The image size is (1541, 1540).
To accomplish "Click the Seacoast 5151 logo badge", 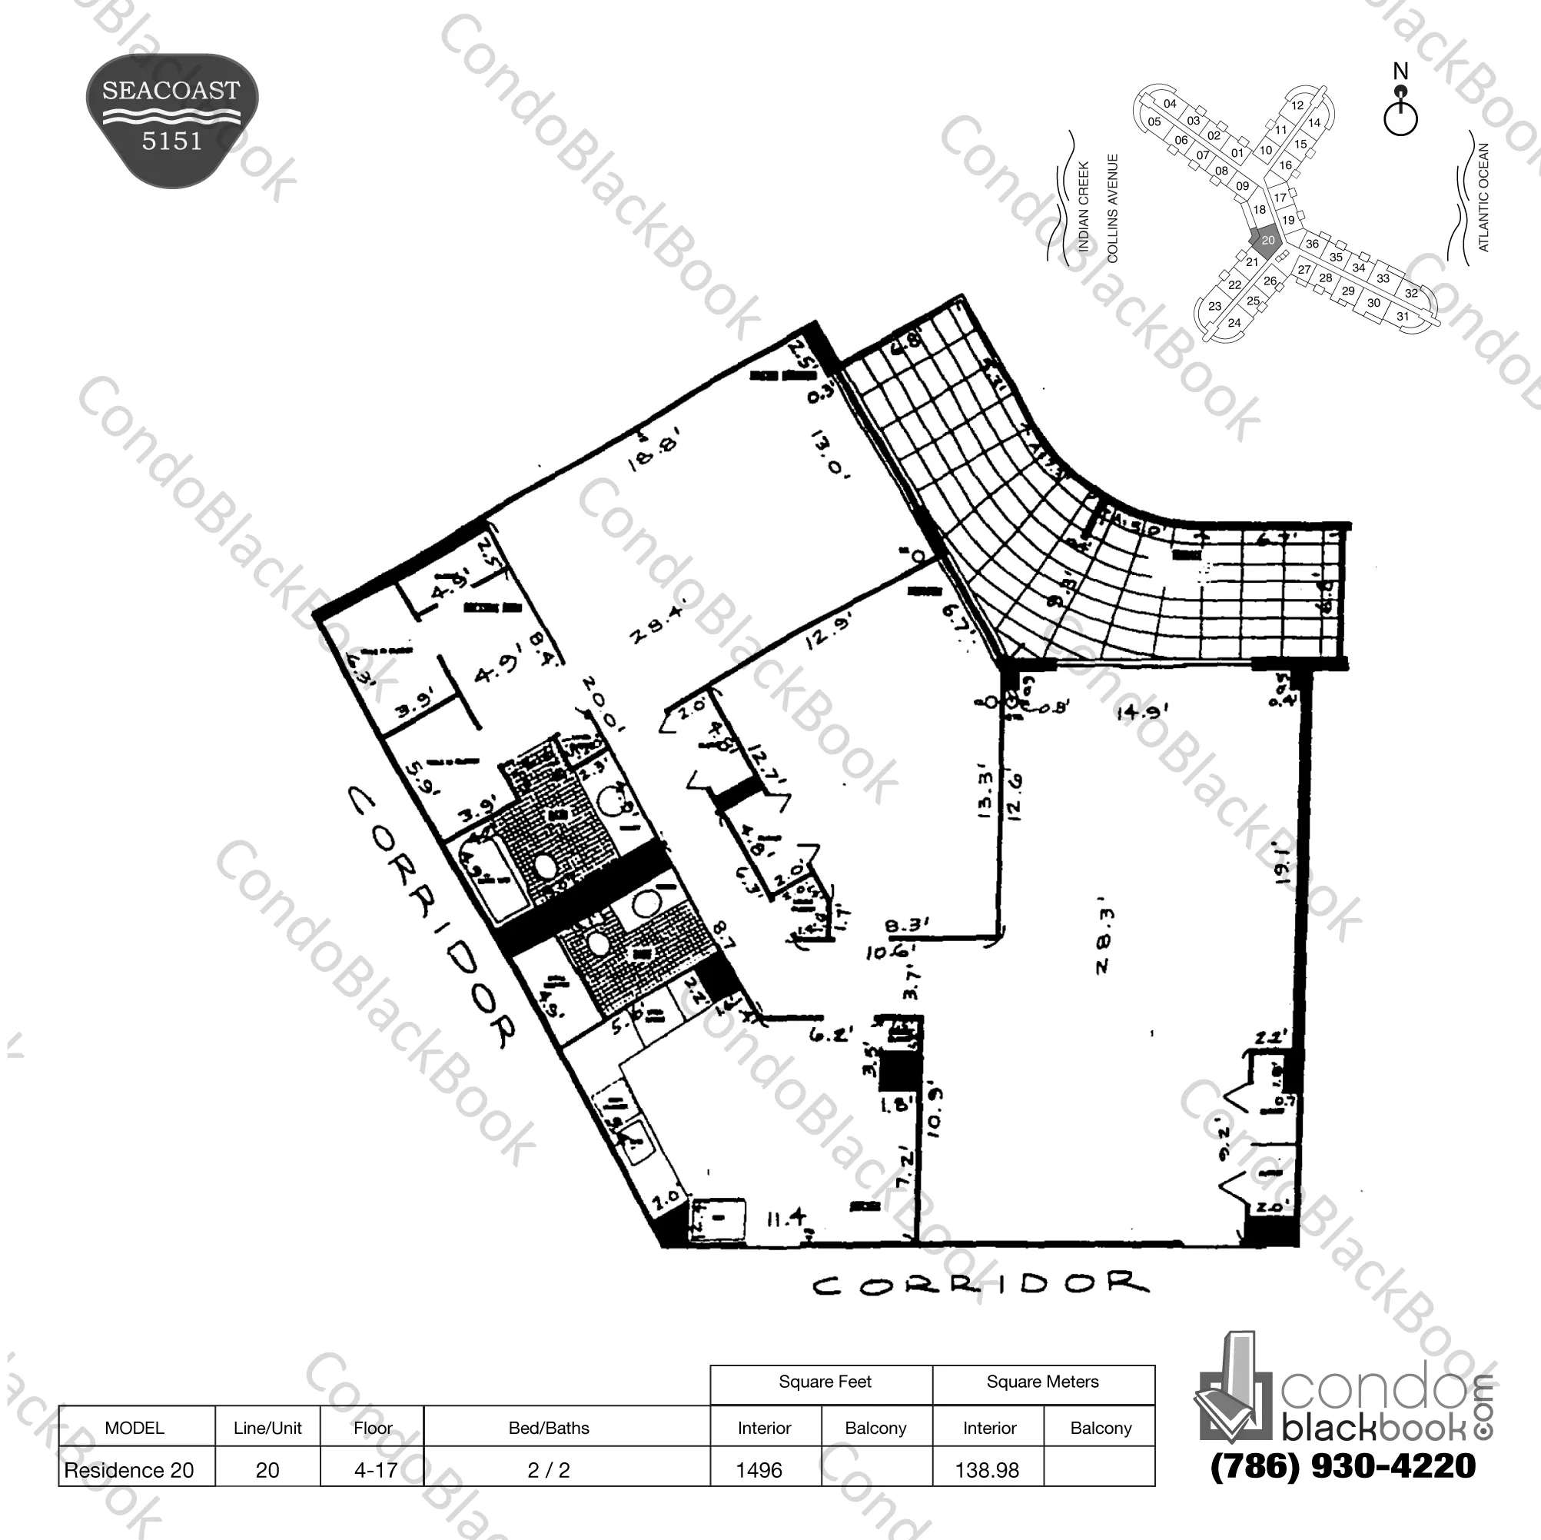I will [x=171, y=120].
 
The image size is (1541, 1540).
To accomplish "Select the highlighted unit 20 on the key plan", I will [x=1267, y=239].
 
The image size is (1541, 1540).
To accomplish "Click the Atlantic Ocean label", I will [x=1483, y=197].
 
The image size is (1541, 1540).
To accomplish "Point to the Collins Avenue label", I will [x=1113, y=208].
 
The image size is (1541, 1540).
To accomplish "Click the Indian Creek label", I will [x=1083, y=207].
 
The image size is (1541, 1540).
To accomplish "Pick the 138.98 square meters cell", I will [x=988, y=1470].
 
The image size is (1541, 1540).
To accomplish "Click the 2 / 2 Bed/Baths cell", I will [x=549, y=1470].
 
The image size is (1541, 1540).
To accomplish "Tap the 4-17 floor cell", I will [x=375, y=1470].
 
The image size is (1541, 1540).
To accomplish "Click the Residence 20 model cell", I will [x=130, y=1470].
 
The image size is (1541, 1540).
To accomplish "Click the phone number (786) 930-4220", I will [x=1343, y=1465].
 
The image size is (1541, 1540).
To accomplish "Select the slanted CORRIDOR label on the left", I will [x=435, y=917].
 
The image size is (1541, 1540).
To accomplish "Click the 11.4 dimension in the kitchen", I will [x=785, y=1219].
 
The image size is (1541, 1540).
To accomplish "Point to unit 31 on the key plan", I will [x=1402, y=316].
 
